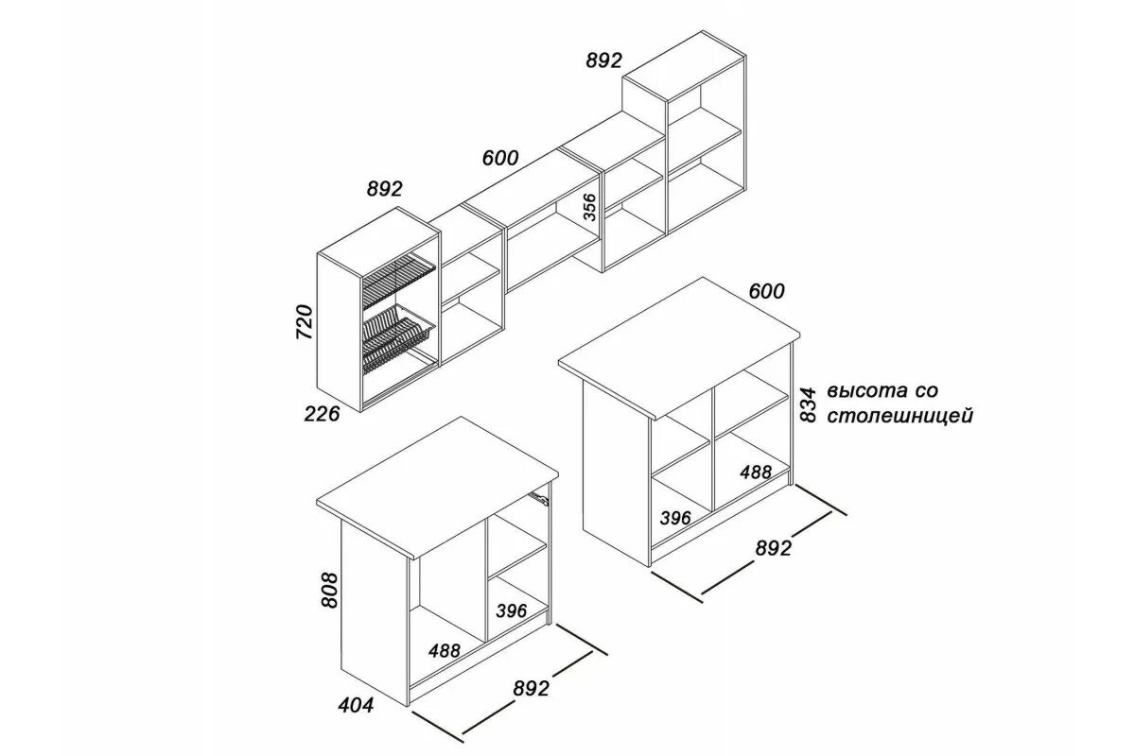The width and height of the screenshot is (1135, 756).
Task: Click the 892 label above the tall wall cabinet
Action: point(604,60)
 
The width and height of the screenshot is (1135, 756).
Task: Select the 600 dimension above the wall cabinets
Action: point(499,158)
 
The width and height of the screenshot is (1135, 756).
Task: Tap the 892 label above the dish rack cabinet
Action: point(384,189)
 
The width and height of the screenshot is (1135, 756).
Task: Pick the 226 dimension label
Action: point(323,412)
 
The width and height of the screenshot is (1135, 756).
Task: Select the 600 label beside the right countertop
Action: point(766,291)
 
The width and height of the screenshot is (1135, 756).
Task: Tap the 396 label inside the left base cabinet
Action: point(511,610)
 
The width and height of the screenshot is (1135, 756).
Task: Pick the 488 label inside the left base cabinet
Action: point(444,650)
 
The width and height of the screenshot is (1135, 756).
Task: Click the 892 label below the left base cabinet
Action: point(531,689)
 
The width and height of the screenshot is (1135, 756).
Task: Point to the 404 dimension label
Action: point(357,705)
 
